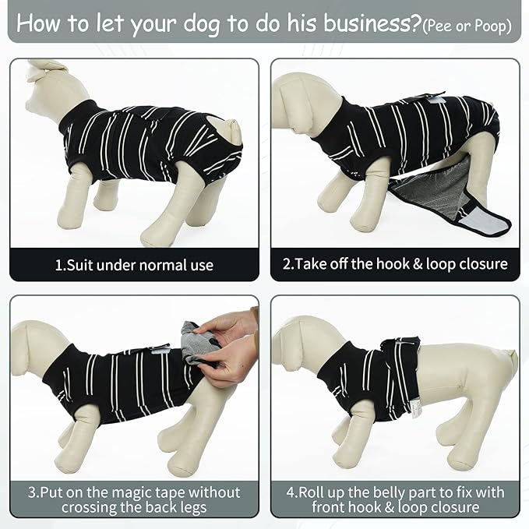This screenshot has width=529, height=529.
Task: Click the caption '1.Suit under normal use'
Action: pyautogui.click(x=134, y=265)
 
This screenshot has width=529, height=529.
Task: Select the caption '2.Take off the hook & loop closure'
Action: pyautogui.click(x=394, y=265)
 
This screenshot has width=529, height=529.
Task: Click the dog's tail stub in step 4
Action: pyautogui.click(x=510, y=359)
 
